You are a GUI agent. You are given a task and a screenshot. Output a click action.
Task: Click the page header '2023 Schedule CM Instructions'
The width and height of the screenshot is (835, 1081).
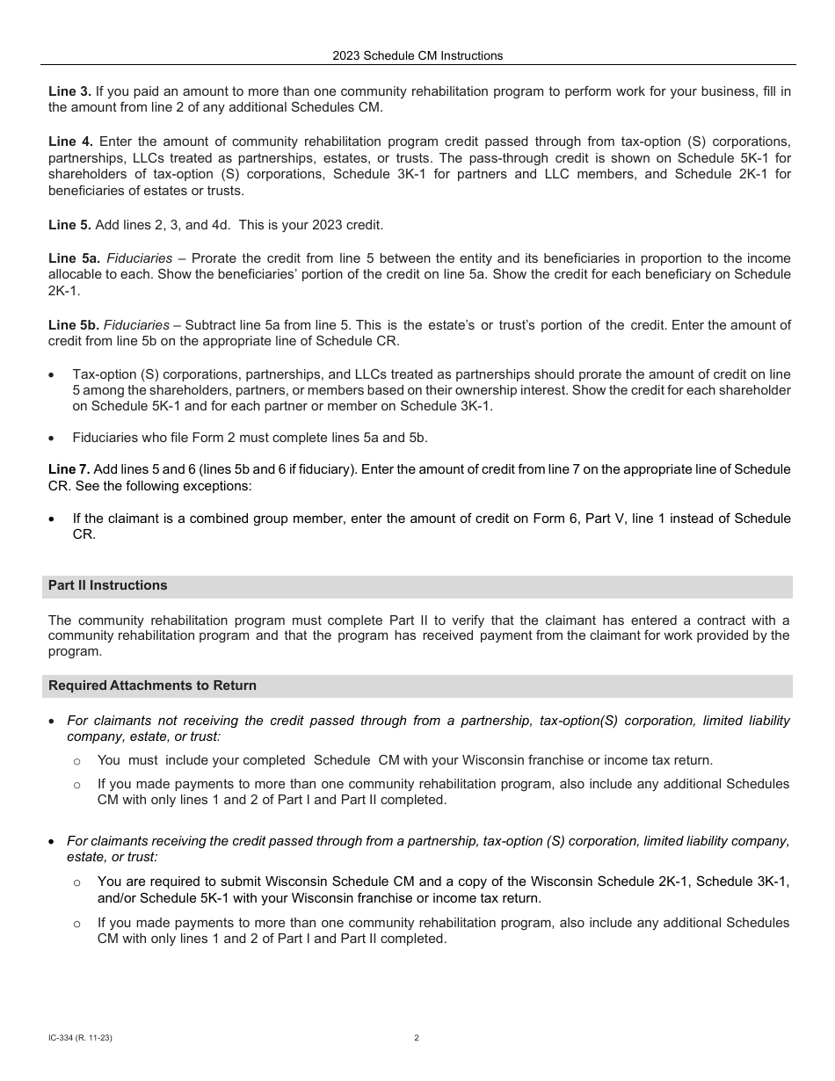(x=417, y=55)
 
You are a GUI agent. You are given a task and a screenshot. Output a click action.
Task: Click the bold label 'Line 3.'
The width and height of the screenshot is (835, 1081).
(x=69, y=91)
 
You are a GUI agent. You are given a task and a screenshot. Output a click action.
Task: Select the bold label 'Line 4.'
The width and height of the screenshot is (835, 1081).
(x=70, y=141)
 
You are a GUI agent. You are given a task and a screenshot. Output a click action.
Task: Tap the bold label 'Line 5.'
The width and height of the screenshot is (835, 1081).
(x=69, y=225)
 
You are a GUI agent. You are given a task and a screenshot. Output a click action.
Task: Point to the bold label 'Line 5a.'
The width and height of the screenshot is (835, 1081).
(x=73, y=258)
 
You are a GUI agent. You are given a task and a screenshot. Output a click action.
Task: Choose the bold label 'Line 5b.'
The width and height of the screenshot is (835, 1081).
(x=73, y=325)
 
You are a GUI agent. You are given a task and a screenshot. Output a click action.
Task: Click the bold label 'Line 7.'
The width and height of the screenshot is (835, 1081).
(x=69, y=469)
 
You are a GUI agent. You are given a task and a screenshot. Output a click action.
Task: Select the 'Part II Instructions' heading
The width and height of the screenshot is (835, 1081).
(x=107, y=585)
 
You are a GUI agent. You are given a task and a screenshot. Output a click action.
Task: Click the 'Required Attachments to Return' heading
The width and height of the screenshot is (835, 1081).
(x=152, y=686)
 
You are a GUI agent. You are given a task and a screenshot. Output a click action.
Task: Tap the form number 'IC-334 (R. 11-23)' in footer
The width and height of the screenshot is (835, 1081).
(x=80, y=1038)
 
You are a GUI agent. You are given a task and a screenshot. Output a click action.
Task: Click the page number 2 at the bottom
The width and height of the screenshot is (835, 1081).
(x=417, y=1038)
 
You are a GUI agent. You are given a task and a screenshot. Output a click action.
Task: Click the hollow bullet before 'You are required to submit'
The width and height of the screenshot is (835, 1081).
(x=77, y=882)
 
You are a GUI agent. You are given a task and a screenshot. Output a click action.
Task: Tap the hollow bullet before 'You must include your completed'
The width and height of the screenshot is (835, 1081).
(x=77, y=761)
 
